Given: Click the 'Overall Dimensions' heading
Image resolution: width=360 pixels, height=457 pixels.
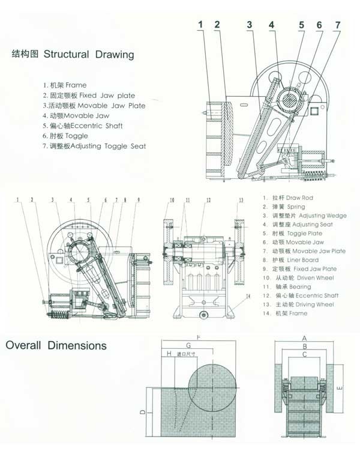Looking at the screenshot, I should [56, 345].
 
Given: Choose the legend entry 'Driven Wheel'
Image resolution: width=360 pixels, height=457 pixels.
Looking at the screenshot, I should [299, 278].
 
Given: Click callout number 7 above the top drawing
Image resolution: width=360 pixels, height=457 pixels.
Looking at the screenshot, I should [338, 25].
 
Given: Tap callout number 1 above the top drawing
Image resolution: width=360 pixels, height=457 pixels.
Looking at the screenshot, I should [201, 25].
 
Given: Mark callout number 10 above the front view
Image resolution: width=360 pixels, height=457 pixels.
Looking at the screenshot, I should [171, 200].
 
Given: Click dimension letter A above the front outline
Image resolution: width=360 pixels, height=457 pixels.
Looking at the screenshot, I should [305, 339].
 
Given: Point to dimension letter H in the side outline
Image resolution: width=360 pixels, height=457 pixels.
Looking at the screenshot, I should [169, 354].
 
